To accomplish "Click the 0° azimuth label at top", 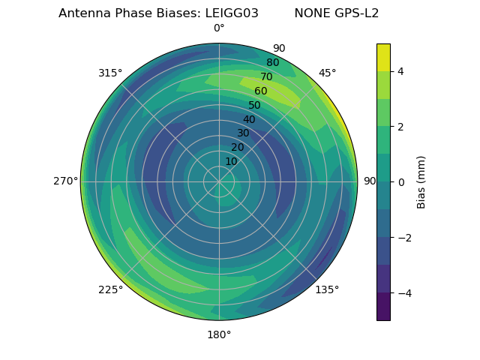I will [x=219, y=28].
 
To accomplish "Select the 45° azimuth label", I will [x=327, y=73].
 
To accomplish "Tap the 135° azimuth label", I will [x=327, y=289].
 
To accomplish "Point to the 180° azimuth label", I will [x=219, y=334].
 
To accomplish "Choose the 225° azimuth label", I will [x=110, y=289].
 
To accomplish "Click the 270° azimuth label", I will [x=65, y=181].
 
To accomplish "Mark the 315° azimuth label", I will [x=110, y=73].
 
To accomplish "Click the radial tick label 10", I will [x=231, y=161].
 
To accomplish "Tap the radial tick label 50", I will [x=254, y=105].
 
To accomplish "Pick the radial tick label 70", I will [x=266, y=77].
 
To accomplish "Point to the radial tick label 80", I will [x=272, y=63].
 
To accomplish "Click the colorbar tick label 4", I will [x=400, y=71].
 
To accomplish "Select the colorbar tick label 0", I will [x=400, y=181].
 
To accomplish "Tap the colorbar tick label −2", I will [x=403, y=238].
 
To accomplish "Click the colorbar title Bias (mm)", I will [x=421, y=181].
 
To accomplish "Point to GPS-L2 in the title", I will [x=355, y=13].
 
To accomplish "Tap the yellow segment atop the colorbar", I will [x=383, y=57].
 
